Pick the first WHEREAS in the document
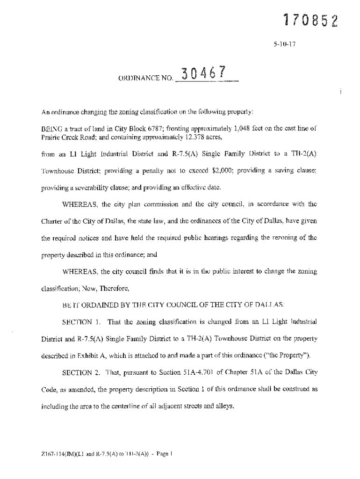click(80, 204)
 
